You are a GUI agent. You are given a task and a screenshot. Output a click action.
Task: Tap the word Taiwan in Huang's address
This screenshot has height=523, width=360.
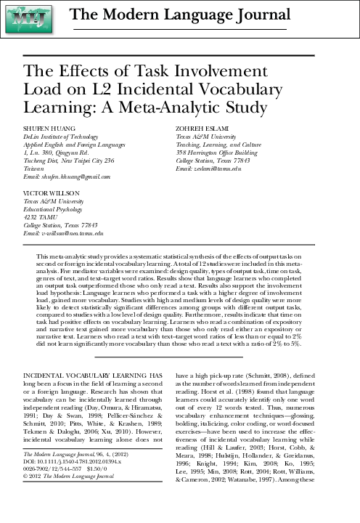pyautogui.click(x=34, y=169)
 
